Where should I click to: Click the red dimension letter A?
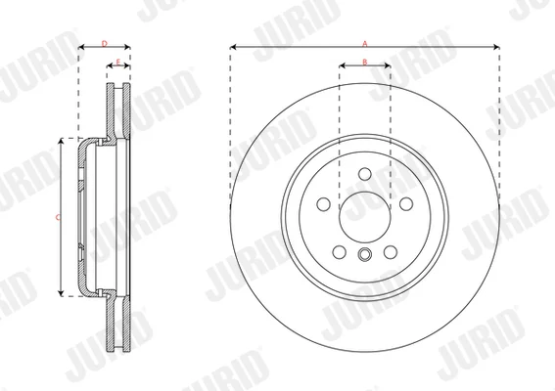(x=365, y=44)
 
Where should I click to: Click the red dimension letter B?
(x=365, y=62)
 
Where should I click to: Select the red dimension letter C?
(x=58, y=217)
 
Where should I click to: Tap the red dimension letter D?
(x=105, y=44)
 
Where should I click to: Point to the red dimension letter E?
(x=118, y=63)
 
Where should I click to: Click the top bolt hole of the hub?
(x=365, y=174)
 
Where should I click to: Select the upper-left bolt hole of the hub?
(x=324, y=204)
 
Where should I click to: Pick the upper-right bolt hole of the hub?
(x=406, y=204)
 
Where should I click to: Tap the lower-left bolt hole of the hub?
(x=340, y=252)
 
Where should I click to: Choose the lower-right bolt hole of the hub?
(x=391, y=252)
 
